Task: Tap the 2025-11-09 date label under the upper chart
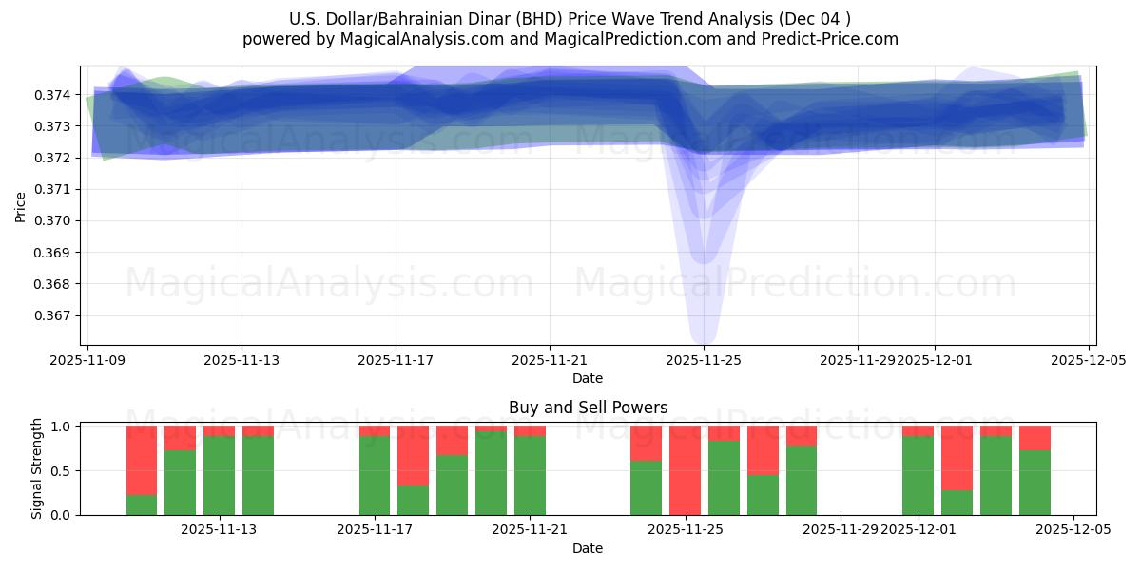[x=87, y=360]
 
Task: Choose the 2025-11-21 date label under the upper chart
[x=550, y=360]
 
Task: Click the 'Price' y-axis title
[x=21, y=205]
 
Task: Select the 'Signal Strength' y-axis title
[x=37, y=468]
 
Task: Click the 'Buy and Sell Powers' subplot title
[x=588, y=408]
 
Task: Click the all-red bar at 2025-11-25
[x=685, y=470]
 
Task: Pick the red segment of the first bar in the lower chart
[x=142, y=460]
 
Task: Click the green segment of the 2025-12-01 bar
[x=918, y=475]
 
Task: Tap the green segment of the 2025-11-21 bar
[x=530, y=475]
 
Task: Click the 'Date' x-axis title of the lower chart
[x=588, y=548]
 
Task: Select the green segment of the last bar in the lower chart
[x=1035, y=483]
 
